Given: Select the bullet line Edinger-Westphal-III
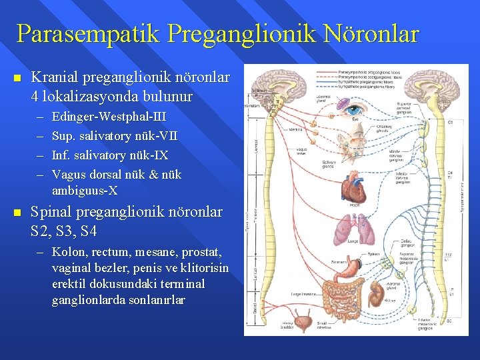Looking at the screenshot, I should click(109, 117).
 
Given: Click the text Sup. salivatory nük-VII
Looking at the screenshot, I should click(114, 136).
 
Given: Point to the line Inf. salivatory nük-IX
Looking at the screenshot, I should click(110, 155).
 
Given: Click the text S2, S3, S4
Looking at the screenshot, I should click(64, 231).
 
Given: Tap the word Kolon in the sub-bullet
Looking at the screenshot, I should click(67, 253).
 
